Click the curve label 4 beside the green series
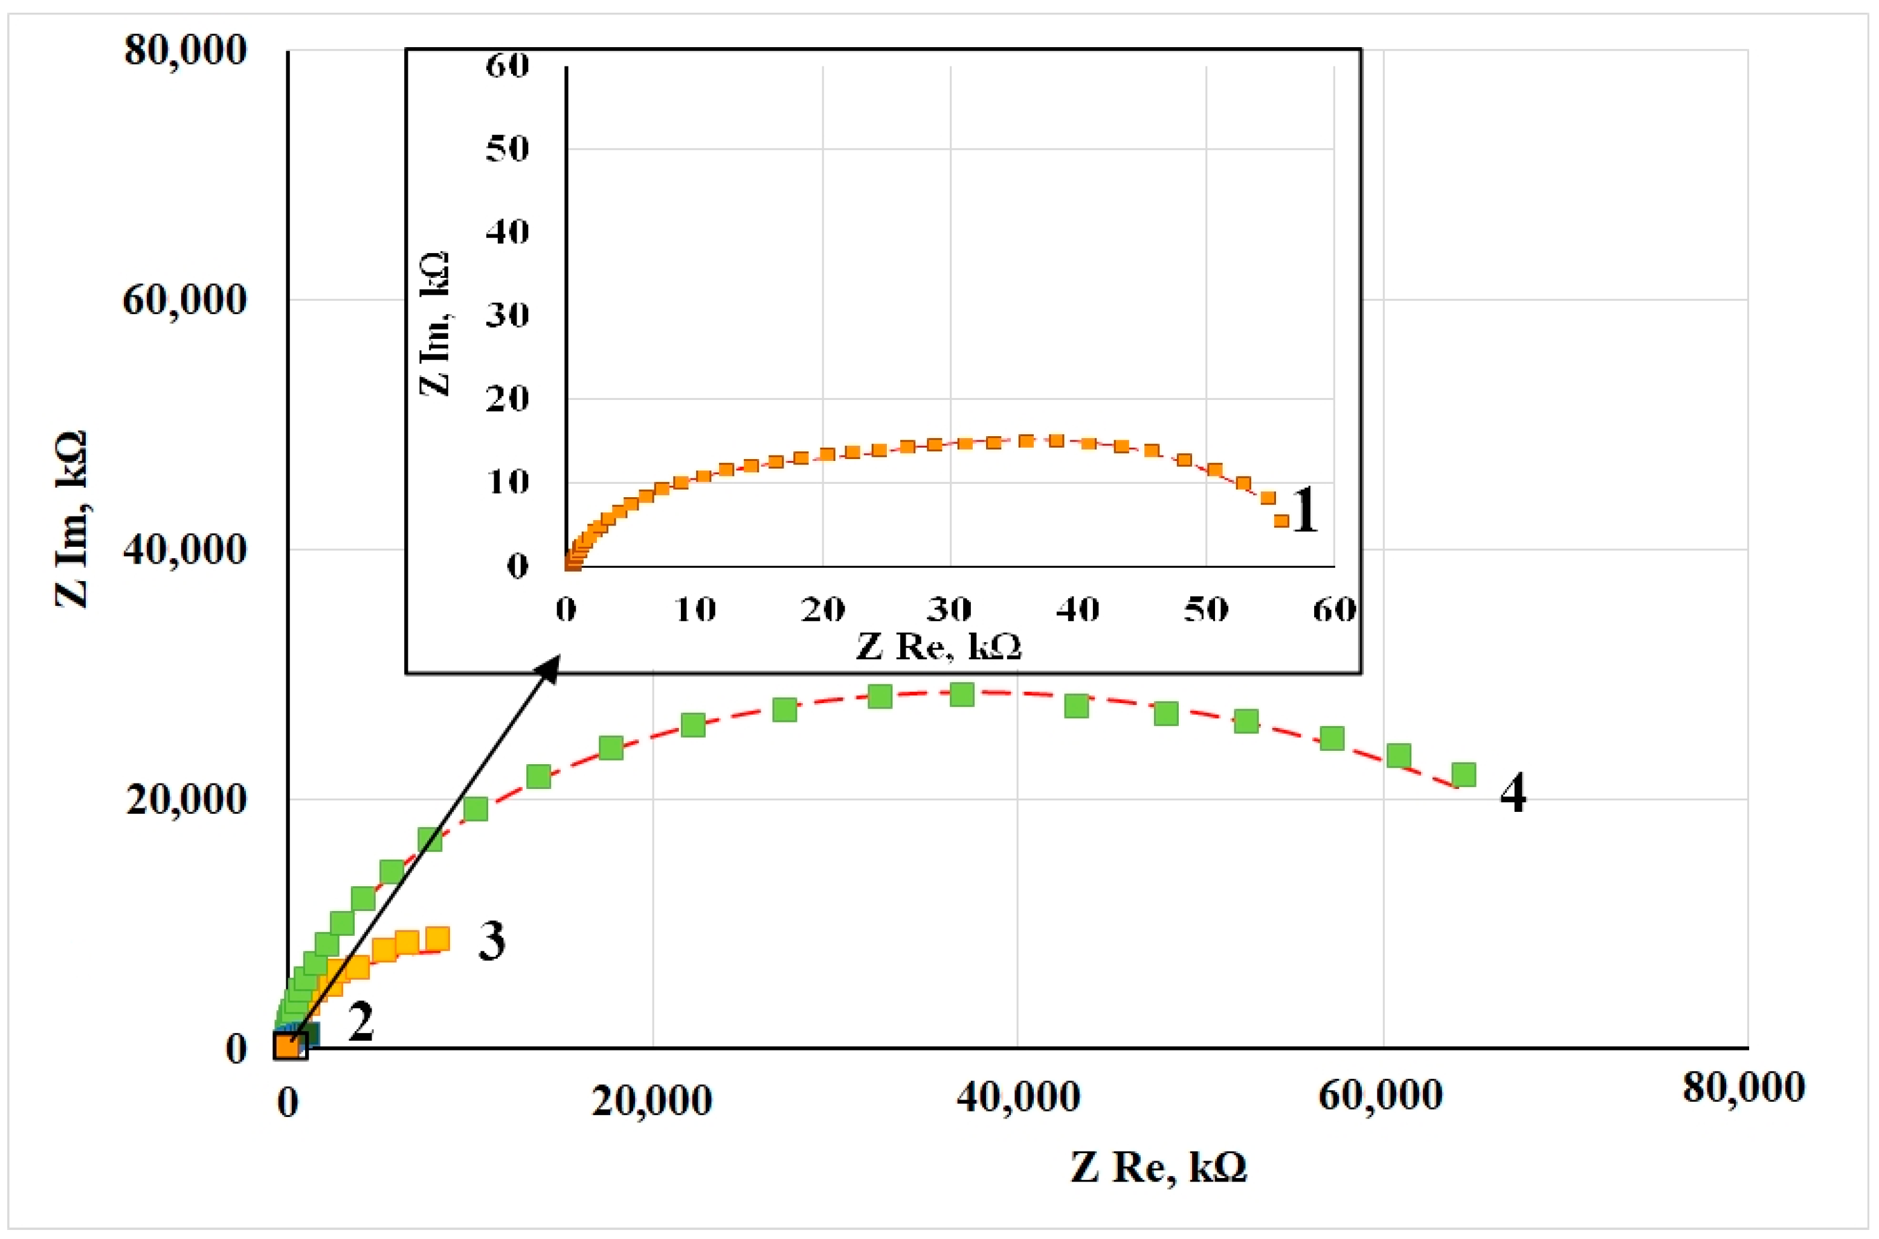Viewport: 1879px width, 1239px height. [1512, 793]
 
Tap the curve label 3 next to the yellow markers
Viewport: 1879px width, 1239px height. [491, 941]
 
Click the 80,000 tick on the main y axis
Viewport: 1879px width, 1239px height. [185, 51]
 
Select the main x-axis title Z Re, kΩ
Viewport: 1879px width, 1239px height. [1158, 1167]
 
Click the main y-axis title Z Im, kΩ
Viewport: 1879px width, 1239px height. [71, 518]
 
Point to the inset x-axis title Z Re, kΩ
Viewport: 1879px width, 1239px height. [939, 646]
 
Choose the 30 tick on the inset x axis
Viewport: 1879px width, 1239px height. [949, 609]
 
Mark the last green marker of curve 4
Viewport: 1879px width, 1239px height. [1463, 774]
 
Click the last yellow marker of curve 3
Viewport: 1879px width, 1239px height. [437, 938]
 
